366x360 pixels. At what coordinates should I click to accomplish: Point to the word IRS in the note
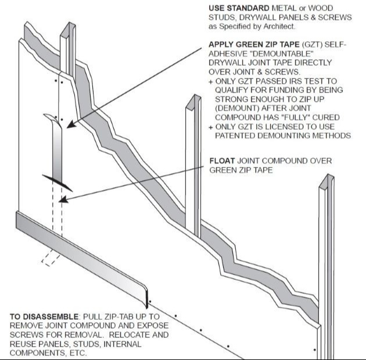(x=296, y=81)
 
